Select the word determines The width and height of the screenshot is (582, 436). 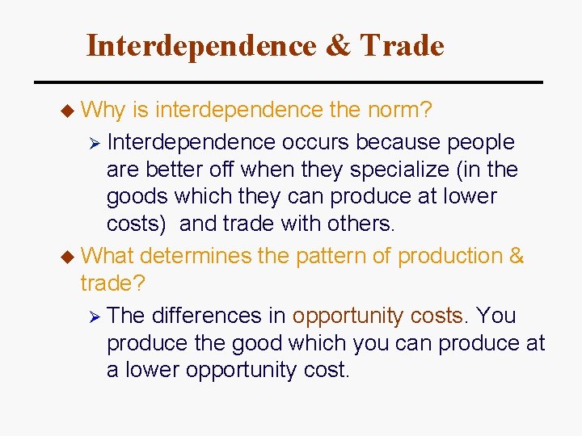pos(196,256)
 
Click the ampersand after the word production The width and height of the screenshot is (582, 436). pos(516,256)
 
